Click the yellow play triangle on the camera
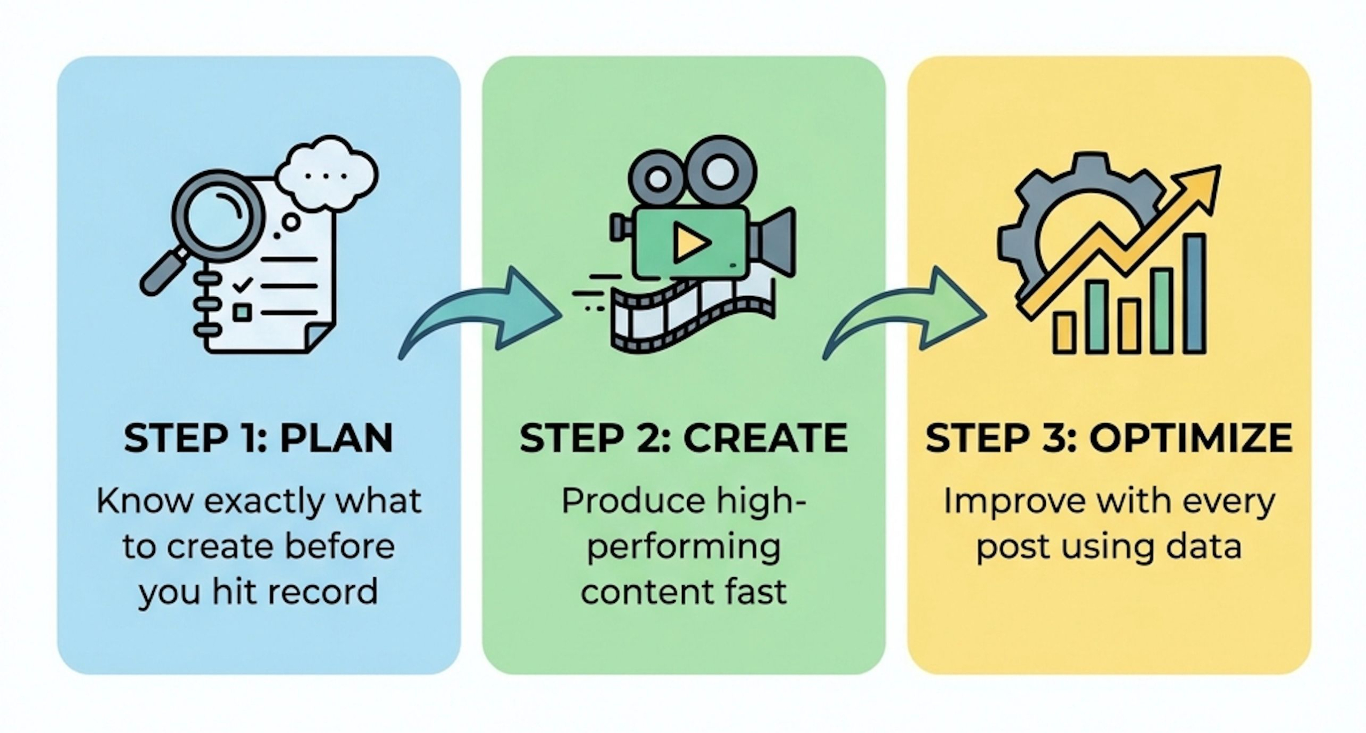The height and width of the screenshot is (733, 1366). click(690, 243)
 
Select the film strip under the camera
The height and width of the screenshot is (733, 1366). click(694, 315)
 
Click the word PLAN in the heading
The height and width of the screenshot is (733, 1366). click(336, 439)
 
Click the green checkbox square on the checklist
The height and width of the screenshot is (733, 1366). click(243, 312)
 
